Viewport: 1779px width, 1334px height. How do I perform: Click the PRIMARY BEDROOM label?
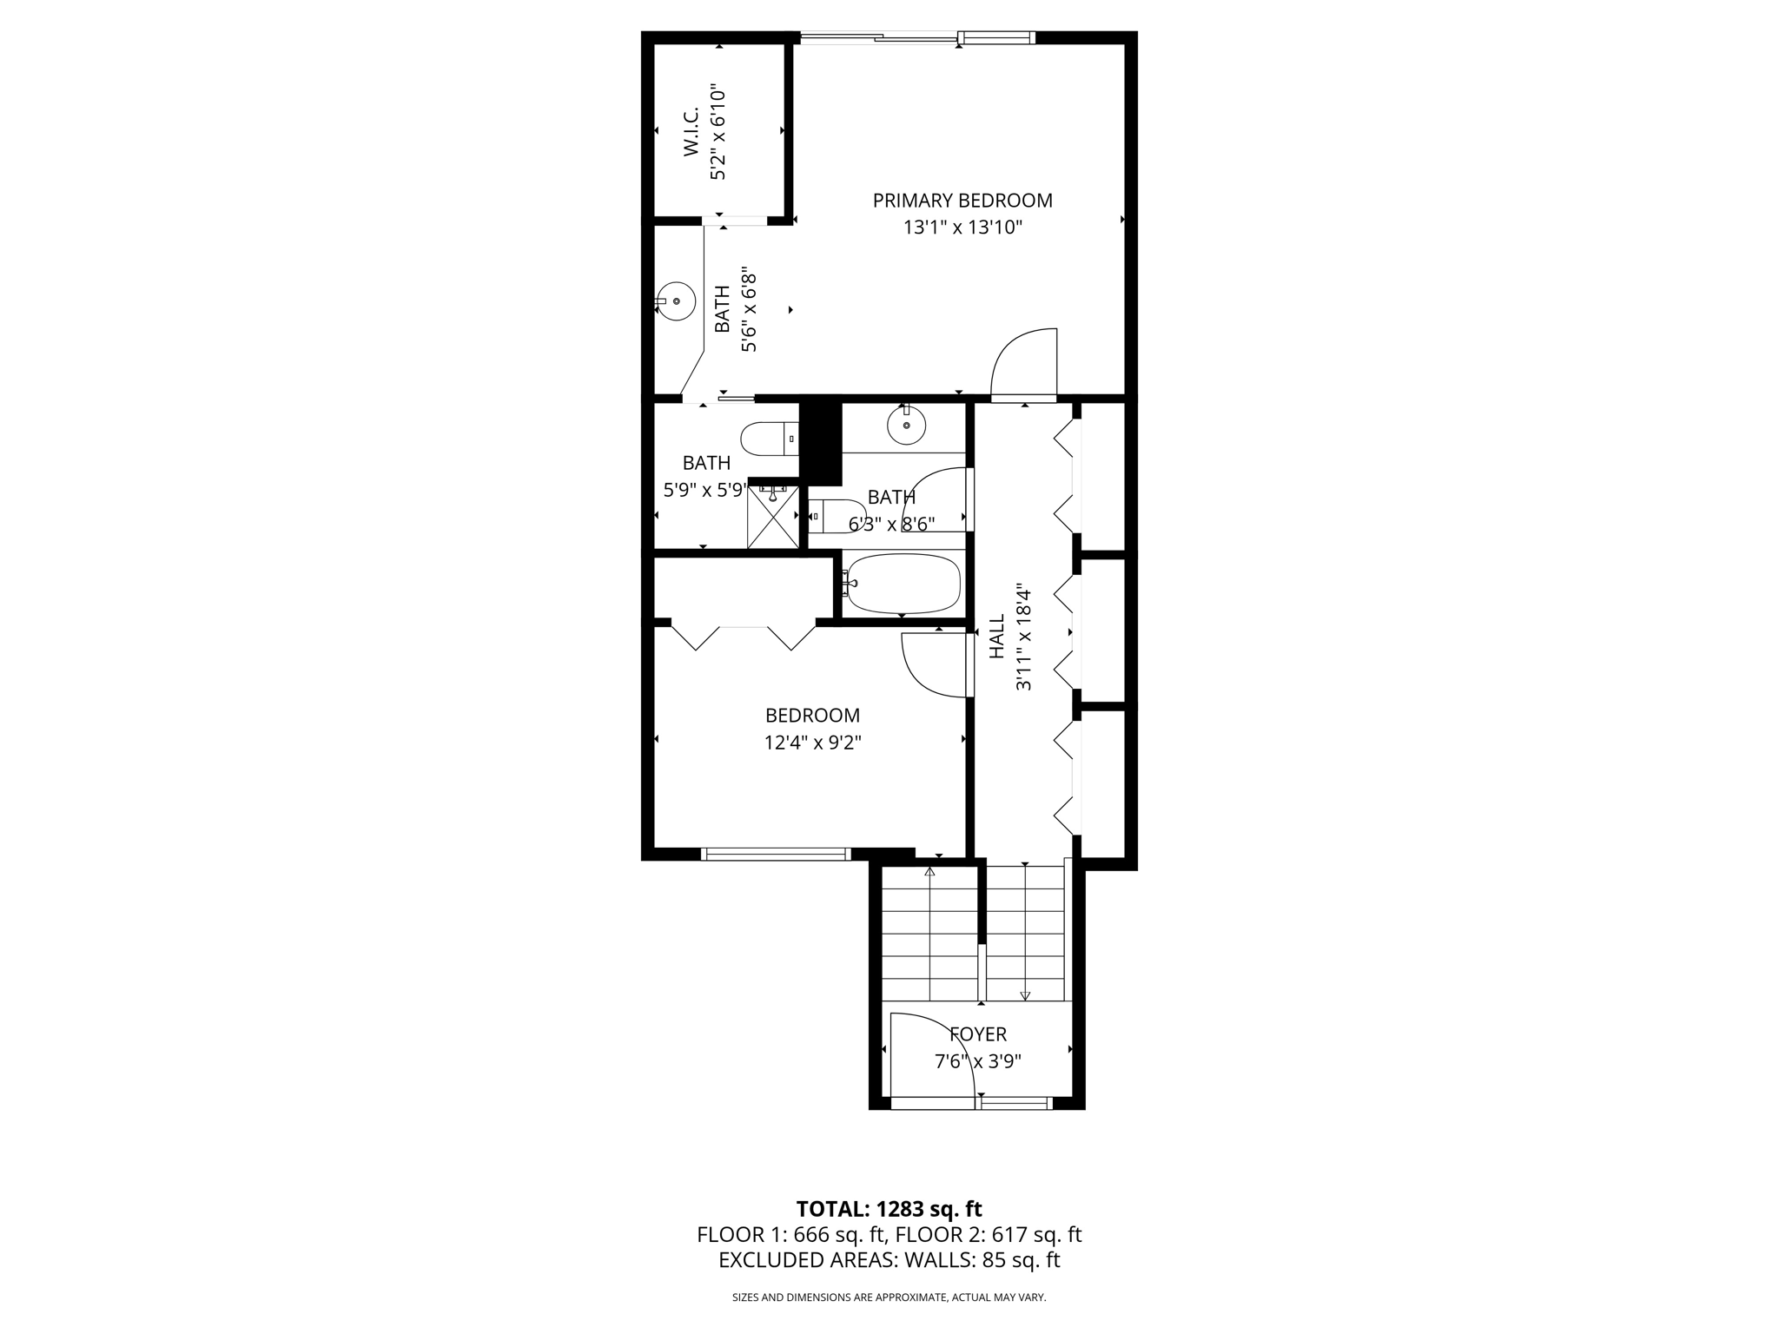point(962,201)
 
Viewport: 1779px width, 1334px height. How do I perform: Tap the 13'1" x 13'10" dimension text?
point(962,228)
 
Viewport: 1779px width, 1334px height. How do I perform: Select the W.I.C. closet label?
point(691,132)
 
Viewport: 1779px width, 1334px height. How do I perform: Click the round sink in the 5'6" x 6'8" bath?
point(677,301)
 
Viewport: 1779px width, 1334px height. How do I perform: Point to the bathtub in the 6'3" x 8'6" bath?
point(903,584)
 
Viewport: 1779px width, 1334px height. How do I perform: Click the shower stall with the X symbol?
point(773,518)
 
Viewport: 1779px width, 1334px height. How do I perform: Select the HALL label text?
point(997,637)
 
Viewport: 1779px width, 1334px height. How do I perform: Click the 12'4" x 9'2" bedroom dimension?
point(812,743)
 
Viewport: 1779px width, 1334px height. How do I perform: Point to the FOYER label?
point(978,1034)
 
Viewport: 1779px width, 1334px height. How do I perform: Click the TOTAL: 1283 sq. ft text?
point(889,1209)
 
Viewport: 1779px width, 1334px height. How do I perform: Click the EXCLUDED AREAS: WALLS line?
point(889,1260)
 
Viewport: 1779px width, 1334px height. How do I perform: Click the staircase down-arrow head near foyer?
point(1025,996)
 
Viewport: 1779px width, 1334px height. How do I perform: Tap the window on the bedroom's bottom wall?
point(775,855)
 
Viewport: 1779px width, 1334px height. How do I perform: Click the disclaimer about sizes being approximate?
point(889,1298)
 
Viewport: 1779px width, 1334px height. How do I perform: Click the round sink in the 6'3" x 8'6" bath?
point(906,426)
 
